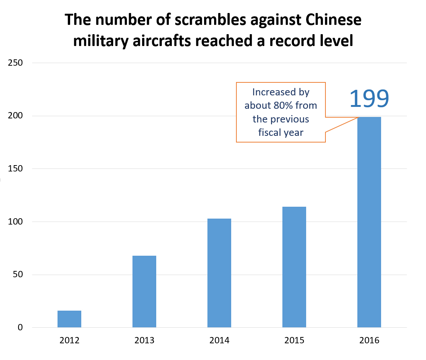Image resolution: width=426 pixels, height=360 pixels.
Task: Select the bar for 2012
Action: point(69,319)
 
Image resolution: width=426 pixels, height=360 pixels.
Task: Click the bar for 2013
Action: point(144,291)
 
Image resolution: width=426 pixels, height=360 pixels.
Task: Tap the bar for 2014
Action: point(219,273)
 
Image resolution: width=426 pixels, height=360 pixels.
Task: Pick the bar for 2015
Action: point(294,267)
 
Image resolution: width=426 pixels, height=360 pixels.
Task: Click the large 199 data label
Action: point(369,98)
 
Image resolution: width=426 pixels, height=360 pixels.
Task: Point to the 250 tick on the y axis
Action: point(16,63)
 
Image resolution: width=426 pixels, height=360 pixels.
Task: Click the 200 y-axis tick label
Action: point(16,116)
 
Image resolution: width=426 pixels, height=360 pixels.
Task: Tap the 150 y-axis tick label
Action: point(16,169)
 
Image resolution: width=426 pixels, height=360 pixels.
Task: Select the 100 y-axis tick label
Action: point(16,222)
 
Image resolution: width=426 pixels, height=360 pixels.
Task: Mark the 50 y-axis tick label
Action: point(18,275)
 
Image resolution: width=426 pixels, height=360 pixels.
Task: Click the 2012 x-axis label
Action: point(69,340)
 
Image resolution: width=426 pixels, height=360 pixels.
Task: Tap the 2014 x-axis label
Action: point(219,340)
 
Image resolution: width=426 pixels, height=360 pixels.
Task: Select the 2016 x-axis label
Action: point(369,340)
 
